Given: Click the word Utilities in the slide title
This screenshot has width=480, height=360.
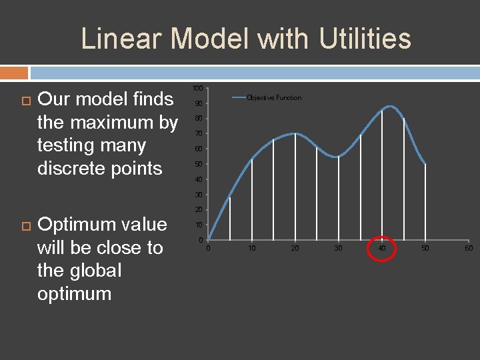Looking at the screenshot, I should click(x=365, y=39).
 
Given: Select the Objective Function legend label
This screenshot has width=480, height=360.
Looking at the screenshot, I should click(x=273, y=98).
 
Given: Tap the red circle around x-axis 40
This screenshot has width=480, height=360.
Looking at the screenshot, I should click(x=382, y=249).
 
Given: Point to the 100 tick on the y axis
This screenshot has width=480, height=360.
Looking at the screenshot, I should click(x=197, y=89).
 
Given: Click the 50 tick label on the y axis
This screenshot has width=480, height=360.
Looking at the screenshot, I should click(x=198, y=165).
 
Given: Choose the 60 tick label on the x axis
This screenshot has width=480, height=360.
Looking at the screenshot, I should click(x=469, y=249).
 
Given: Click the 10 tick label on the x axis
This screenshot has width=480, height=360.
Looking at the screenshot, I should click(x=251, y=249).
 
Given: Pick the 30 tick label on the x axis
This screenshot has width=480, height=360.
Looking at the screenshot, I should click(x=338, y=249).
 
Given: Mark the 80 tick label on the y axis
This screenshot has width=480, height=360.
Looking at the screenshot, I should click(x=198, y=119).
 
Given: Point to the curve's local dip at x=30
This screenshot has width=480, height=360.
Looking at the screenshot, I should click(x=337, y=157).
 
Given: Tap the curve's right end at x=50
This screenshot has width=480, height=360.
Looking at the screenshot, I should click(x=425, y=164).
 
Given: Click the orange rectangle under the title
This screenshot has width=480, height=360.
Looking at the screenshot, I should click(x=14, y=72).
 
